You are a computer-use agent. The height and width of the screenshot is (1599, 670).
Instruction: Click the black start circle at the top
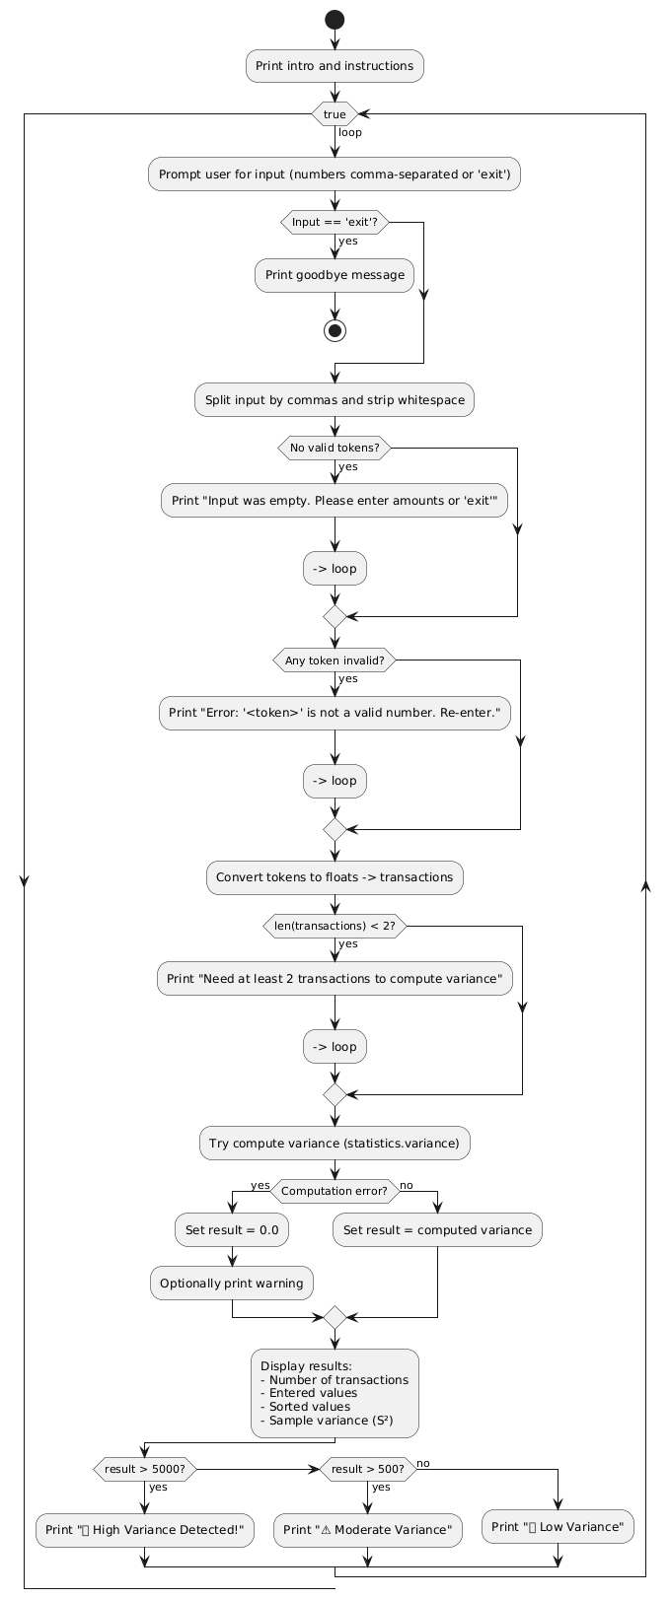[x=335, y=19]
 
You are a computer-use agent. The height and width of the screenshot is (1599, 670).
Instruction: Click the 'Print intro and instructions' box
[x=335, y=66]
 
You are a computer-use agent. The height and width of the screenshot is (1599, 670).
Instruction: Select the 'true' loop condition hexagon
[x=335, y=114]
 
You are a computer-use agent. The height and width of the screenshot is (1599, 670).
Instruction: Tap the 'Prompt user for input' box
[x=335, y=174]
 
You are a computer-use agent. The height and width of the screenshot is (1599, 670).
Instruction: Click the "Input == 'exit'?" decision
[x=335, y=223]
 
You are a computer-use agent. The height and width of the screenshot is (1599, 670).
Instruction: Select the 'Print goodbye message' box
[x=335, y=274]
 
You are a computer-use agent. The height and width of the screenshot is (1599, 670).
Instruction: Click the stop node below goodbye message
[x=335, y=330]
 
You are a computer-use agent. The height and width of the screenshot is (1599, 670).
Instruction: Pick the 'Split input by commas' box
[x=335, y=400]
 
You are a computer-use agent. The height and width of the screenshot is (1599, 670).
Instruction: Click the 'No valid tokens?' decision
[x=335, y=449]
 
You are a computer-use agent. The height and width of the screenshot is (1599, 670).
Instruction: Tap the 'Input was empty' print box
[x=335, y=500]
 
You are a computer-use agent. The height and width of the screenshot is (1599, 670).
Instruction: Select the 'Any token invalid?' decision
[x=335, y=660]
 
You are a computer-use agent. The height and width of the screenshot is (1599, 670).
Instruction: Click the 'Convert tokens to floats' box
[x=335, y=877]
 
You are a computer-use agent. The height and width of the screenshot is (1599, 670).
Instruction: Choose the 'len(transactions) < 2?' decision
[x=335, y=926]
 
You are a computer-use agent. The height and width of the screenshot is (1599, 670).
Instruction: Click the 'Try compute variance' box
[x=335, y=1144]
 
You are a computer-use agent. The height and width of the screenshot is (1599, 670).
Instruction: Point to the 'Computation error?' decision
[x=335, y=1191]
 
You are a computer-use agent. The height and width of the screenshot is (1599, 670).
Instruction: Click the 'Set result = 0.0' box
[x=231, y=1230]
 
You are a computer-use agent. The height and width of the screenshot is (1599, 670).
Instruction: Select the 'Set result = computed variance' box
[x=437, y=1230]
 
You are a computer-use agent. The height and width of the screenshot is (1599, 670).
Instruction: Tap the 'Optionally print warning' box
[x=231, y=1284]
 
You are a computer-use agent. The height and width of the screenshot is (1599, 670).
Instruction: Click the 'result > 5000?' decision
[x=144, y=1469]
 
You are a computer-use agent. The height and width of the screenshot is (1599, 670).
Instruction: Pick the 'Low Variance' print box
[x=558, y=1527]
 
